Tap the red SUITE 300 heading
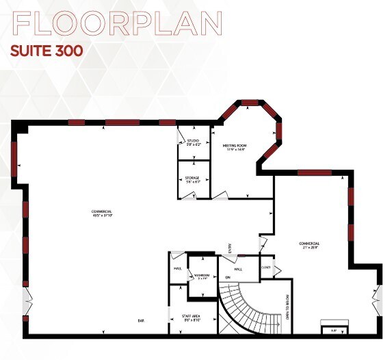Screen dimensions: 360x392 pyautogui.click(x=47, y=51)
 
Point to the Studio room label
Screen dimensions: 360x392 pyautogui.click(x=193, y=142)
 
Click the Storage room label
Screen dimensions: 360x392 pyautogui.click(x=192, y=180)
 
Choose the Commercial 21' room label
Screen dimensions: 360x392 pyautogui.click(x=309, y=246)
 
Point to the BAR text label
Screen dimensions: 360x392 pyautogui.click(x=141, y=320)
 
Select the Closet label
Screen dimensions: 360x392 pyautogui.click(x=266, y=267)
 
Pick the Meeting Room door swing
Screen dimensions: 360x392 pyautogui.click(x=220, y=196)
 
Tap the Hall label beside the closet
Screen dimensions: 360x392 pyautogui.click(x=239, y=270)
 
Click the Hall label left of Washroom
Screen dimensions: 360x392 pyautogui.click(x=177, y=269)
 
